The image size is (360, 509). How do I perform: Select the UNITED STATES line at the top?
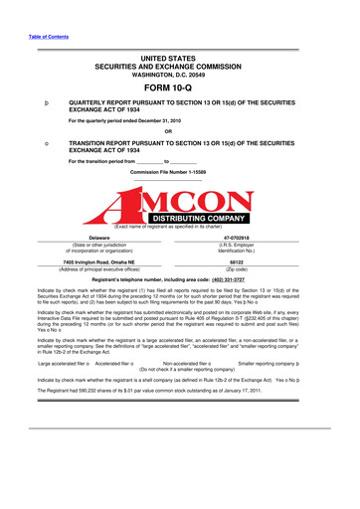(x=179, y=59)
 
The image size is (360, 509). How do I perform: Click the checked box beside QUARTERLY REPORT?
(x=35, y=102)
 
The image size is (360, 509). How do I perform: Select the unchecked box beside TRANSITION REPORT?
(x=35, y=143)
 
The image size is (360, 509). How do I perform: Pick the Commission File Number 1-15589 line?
(x=179, y=173)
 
